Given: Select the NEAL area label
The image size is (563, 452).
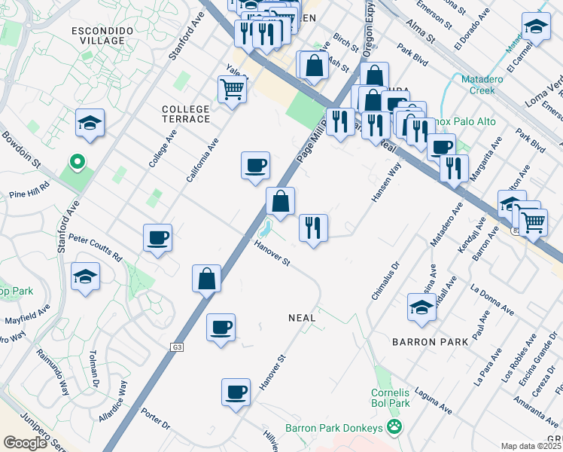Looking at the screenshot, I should (x=302, y=318).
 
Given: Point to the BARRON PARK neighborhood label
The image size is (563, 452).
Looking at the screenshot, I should (x=431, y=342).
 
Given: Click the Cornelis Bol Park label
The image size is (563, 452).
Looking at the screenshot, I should (x=390, y=398).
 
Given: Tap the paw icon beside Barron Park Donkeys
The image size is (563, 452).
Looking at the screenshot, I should (x=394, y=428).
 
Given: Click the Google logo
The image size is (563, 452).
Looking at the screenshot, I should (x=25, y=443).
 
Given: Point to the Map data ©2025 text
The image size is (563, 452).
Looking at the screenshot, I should (x=531, y=446).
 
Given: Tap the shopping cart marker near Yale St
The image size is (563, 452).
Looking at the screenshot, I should (x=233, y=90).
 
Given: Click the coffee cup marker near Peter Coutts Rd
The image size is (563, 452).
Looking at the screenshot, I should (x=158, y=238).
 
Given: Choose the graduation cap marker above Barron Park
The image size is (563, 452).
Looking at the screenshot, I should (x=421, y=307).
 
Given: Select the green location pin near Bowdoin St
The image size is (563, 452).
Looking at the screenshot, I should (x=76, y=161).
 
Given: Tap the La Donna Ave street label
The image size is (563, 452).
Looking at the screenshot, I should (x=489, y=297).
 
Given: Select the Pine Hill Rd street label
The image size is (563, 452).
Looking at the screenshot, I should (x=29, y=194).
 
